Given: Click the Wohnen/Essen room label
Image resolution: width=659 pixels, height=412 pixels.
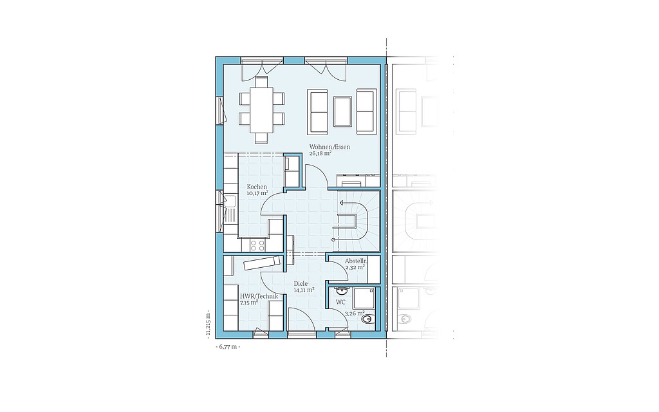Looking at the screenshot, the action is tap(329, 147).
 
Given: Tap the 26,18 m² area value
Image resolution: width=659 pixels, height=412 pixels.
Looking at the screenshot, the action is tap(320, 153).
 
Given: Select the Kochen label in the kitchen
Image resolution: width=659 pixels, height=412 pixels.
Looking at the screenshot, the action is tap(257, 187).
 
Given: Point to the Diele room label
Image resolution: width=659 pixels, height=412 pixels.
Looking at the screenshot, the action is tap(301, 283).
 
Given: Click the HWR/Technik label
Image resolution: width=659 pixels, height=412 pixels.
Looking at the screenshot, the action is tap(259, 296).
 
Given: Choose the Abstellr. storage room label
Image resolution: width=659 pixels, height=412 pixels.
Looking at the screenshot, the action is tap(357, 261).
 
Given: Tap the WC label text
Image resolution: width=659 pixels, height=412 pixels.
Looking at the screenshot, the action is tap(340, 303).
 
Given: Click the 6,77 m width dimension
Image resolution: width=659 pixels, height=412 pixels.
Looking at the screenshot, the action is tap(228, 347).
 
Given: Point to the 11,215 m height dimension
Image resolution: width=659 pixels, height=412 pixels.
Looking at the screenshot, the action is tap(208, 324).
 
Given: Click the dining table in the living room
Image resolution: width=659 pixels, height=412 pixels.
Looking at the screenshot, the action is tap(261, 109).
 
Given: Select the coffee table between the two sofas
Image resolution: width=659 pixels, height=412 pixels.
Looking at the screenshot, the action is tap(342, 111).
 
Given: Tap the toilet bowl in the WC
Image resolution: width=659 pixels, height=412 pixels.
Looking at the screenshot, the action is tap(368, 319).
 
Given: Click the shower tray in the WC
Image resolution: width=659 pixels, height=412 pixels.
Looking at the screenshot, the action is tap(364, 299).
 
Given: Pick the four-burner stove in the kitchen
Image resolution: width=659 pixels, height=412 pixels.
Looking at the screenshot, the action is tap(257, 245).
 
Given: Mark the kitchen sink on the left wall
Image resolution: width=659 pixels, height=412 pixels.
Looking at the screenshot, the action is tap(230, 209).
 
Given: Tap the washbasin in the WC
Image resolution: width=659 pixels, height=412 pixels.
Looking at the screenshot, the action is tap(341, 290).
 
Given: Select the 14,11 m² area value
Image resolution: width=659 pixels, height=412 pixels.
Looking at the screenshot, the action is tap(304, 290).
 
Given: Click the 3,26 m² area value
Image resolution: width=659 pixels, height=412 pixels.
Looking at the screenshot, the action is tap(355, 314).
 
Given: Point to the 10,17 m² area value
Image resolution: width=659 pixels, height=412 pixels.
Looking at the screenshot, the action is tap(257, 193).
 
